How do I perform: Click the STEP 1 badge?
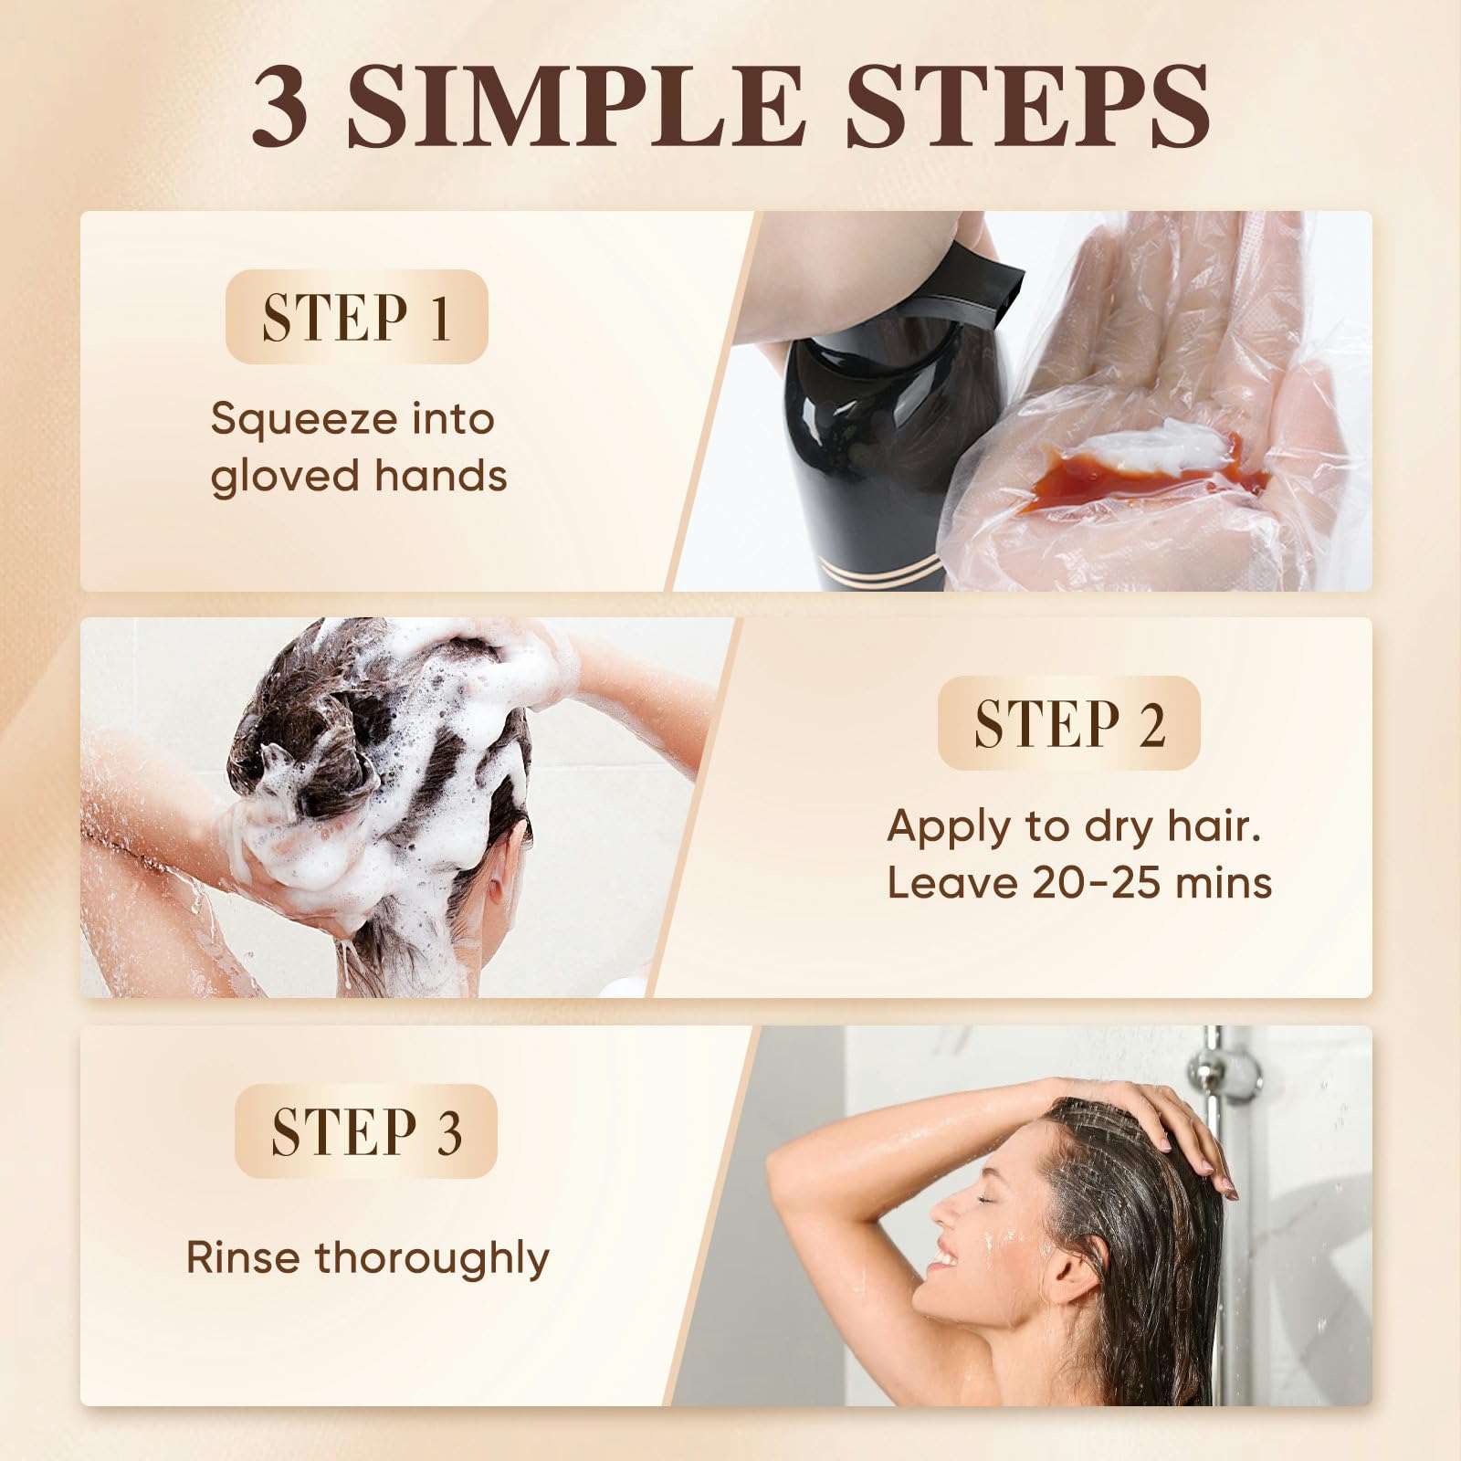356,317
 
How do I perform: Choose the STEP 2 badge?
1068,722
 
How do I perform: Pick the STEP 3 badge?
365,1130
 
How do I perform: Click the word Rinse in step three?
243,1257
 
